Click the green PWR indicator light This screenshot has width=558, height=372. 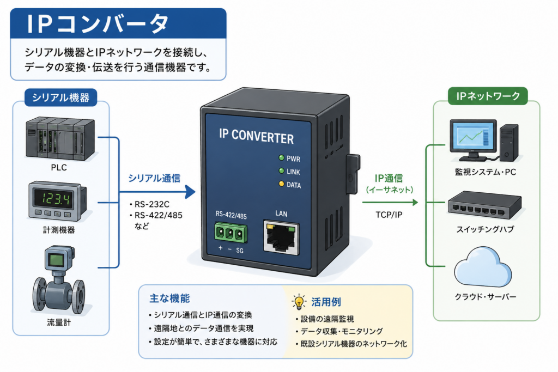(x=282, y=158)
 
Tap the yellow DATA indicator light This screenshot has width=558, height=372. (x=282, y=184)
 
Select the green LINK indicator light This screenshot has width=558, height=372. (x=282, y=171)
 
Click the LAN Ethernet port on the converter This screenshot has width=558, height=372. (x=281, y=237)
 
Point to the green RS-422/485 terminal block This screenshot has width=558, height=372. (x=231, y=233)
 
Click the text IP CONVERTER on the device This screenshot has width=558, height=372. (x=256, y=137)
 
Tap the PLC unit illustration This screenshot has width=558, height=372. (x=60, y=138)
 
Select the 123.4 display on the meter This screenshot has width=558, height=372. (x=57, y=198)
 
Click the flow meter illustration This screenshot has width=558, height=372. (x=59, y=280)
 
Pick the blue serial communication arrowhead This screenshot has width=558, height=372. (x=190, y=192)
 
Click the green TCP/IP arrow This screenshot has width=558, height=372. (x=390, y=203)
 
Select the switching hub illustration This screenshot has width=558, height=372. (x=484, y=205)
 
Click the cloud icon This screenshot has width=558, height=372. (x=483, y=267)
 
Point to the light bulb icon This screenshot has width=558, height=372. (x=299, y=302)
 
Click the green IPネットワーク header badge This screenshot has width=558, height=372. (x=488, y=96)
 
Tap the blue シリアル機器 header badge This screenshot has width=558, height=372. (x=60, y=97)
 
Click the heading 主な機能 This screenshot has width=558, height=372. (x=170, y=298)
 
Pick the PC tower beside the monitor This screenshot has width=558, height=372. (x=509, y=143)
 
